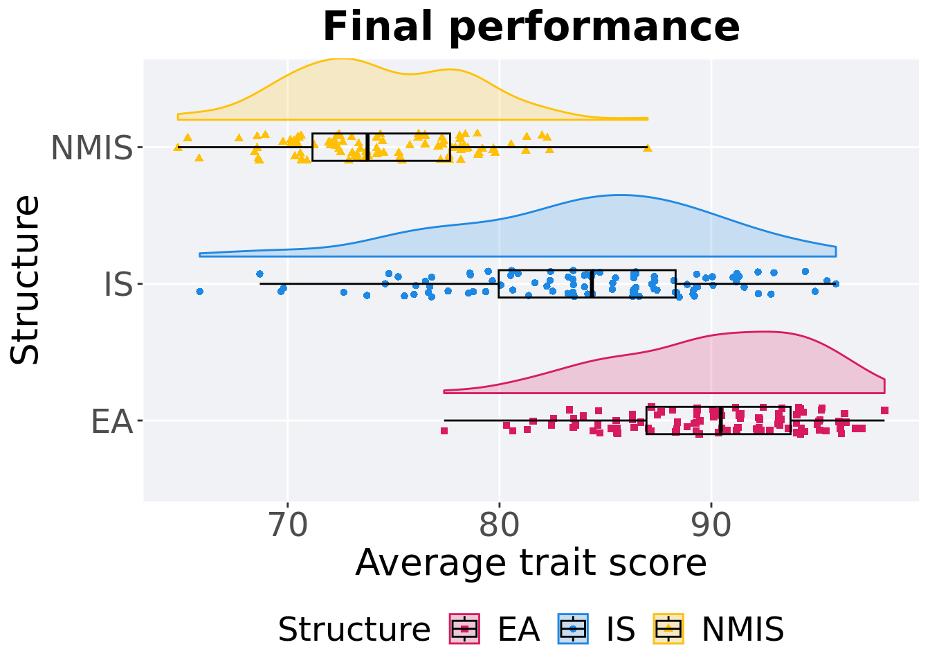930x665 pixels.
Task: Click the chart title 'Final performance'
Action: (531, 28)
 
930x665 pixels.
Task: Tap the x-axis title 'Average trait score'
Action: (531, 562)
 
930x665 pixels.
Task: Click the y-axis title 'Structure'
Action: (26, 279)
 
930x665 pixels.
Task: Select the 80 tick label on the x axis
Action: (499, 526)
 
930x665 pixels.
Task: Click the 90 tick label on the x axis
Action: (711, 526)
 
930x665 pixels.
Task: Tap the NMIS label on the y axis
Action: (91, 148)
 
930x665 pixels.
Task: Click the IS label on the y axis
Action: (118, 284)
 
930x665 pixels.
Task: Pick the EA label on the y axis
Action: (111, 421)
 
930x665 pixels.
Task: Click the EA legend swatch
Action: (465, 629)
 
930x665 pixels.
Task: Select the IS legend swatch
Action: (573, 629)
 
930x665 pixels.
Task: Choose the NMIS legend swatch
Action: (668, 629)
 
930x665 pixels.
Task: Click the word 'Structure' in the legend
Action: (354, 630)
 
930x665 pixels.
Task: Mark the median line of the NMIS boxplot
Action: (367, 147)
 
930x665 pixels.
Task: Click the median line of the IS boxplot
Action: (592, 284)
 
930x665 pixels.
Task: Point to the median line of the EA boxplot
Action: (721, 420)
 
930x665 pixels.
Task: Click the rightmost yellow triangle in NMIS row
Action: (648, 148)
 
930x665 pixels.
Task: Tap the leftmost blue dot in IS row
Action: (200, 292)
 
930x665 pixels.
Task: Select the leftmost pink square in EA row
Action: (444, 431)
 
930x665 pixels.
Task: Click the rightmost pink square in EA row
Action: (884, 411)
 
